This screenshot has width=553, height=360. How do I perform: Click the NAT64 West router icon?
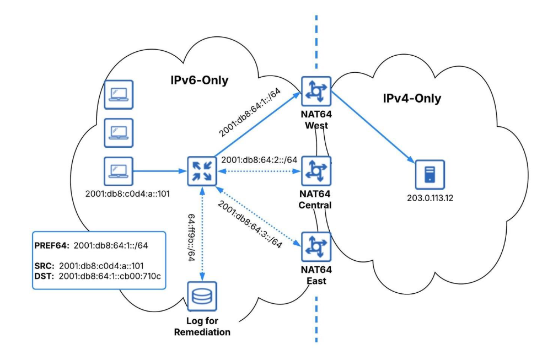pyautogui.click(x=316, y=92)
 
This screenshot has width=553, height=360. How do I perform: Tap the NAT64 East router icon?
pyautogui.click(x=316, y=246)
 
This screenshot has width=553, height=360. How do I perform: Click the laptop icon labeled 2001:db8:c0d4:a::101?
pyautogui.click(x=119, y=170)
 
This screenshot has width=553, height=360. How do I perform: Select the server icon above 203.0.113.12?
pyautogui.click(x=429, y=174)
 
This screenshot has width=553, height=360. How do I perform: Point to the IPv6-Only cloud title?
pyautogui.click(x=199, y=81)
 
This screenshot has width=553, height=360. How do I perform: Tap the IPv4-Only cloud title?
pyautogui.click(x=413, y=99)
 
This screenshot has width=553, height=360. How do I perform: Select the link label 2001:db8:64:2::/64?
pyautogui.click(x=259, y=160)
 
